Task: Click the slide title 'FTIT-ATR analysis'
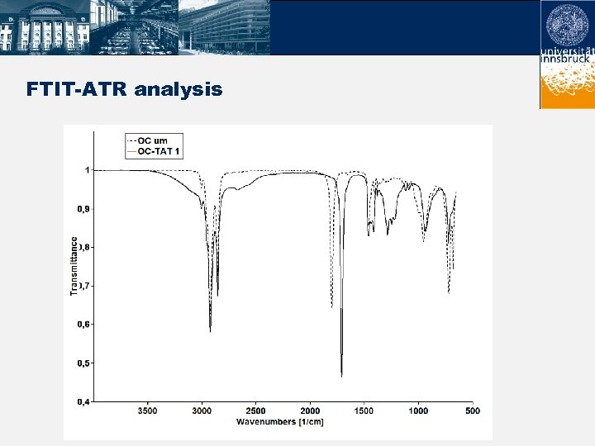coord(124,88)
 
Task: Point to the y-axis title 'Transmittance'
coord(74,266)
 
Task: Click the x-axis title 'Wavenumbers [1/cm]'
coord(279,422)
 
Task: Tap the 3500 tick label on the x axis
coord(147,410)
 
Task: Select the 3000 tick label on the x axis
coord(202,410)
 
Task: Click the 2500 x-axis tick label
coord(256,410)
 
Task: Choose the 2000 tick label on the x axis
coord(310,410)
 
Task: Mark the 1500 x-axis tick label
coord(364,410)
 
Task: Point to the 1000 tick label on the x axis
coord(418,410)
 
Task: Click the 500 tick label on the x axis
coord(472,410)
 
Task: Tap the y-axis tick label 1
coord(87,170)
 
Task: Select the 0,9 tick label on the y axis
coord(84,209)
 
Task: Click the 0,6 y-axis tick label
coord(84,325)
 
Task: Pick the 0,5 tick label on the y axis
coord(84,363)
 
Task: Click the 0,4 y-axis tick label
coord(84,401)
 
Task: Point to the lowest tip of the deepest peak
coord(341,377)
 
